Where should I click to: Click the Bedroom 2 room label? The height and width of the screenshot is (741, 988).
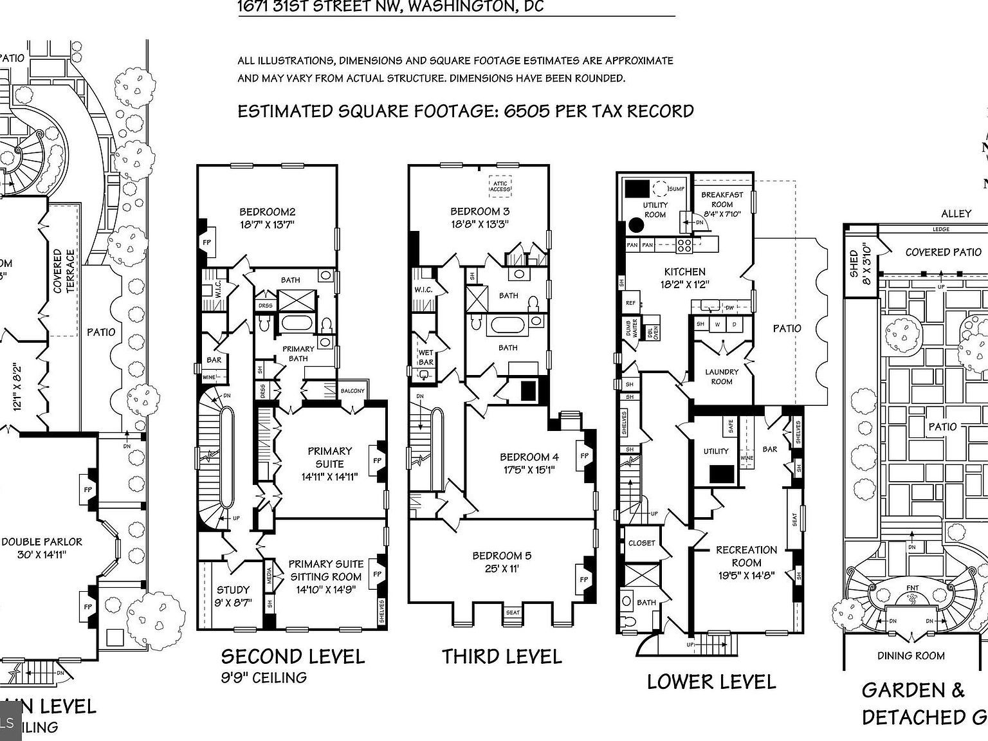(x=267, y=212)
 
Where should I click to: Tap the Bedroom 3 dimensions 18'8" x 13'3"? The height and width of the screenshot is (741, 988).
(x=480, y=224)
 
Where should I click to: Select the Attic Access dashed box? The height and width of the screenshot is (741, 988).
(x=499, y=186)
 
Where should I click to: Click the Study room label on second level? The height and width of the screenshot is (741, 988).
(x=233, y=590)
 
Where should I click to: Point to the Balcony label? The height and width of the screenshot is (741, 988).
(x=352, y=390)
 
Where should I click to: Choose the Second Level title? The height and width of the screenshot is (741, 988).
(x=293, y=656)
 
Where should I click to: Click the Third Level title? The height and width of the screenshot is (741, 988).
(x=502, y=656)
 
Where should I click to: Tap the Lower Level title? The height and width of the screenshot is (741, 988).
(x=711, y=681)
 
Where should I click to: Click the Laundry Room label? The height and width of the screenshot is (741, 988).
(x=722, y=376)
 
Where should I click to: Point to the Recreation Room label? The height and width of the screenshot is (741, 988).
(x=746, y=556)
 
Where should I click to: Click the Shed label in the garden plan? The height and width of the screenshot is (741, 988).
(x=854, y=264)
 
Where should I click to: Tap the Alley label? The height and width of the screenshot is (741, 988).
(x=956, y=214)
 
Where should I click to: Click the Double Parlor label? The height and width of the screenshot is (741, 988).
(x=42, y=542)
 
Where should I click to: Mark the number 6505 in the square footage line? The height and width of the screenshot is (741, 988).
(x=527, y=111)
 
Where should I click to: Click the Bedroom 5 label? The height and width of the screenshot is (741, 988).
(x=502, y=556)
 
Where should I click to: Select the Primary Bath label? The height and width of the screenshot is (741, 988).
(x=298, y=354)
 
